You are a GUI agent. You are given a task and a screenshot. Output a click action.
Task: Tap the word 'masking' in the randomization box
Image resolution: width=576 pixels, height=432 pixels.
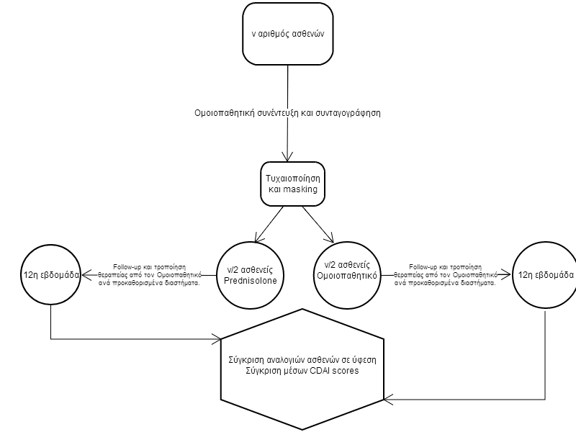click(x=300, y=189)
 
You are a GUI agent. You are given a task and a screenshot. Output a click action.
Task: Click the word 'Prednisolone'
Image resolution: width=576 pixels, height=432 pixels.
click(x=251, y=281)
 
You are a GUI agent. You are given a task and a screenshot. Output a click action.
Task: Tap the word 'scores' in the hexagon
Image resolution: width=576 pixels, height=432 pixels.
click(x=346, y=371)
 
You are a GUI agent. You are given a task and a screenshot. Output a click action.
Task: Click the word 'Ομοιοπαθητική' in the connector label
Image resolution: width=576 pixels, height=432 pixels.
click(x=225, y=113)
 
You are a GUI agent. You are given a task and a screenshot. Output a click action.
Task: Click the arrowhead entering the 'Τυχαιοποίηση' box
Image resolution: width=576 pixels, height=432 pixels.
click(x=287, y=157)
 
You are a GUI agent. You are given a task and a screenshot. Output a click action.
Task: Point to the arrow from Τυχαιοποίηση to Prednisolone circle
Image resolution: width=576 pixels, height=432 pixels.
click(x=269, y=224)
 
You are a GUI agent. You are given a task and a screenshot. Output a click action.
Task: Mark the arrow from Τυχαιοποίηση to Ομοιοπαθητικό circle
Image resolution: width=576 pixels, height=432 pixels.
click(x=318, y=225)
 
